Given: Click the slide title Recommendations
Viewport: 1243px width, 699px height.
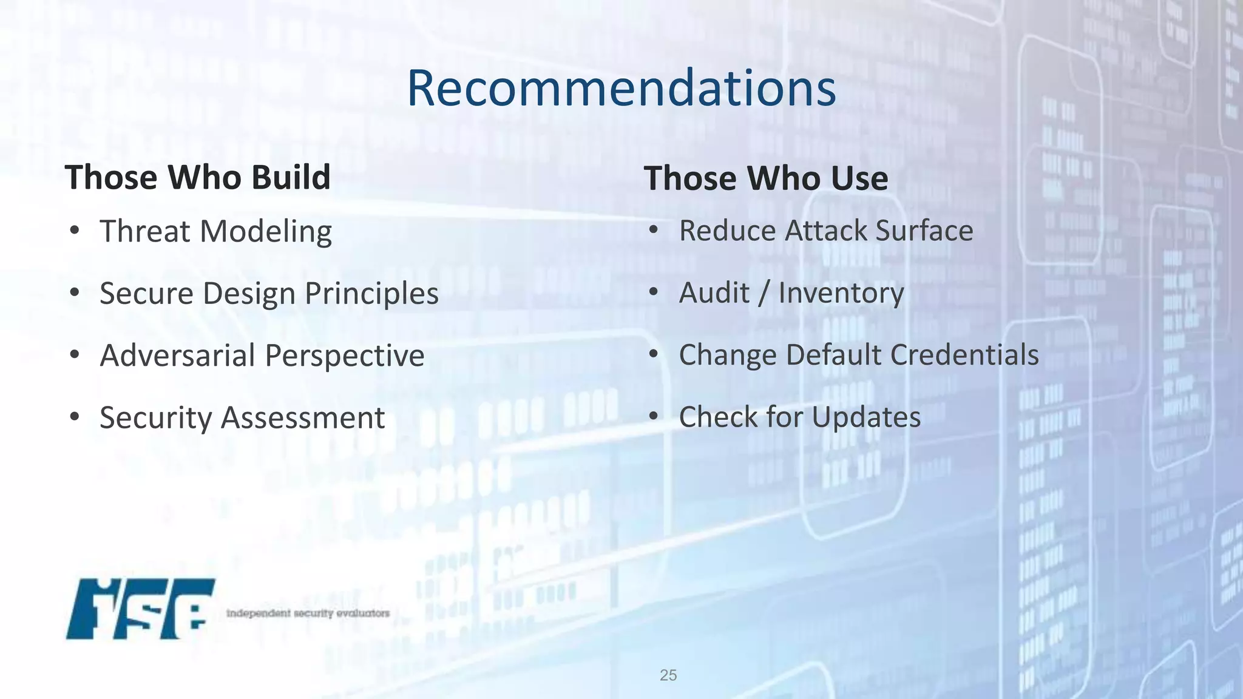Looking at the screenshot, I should click(621, 89).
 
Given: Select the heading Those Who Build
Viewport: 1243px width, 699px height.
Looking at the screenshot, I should click(198, 177).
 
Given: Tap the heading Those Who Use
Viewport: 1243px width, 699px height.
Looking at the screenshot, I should click(766, 178).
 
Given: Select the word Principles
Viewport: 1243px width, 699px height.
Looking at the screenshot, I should click(371, 294).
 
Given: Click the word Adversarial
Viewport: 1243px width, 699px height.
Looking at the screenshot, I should click(177, 356).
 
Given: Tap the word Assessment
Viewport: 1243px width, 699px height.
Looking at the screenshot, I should click(302, 418).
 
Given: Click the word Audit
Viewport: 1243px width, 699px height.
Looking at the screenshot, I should click(714, 293).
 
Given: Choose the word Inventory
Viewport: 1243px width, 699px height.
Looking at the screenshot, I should click(841, 294).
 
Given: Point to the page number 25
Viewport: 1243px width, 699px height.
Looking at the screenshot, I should click(668, 675).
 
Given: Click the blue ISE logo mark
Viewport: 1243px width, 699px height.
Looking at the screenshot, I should click(140, 609).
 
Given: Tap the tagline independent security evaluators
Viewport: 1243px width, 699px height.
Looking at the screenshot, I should click(308, 613).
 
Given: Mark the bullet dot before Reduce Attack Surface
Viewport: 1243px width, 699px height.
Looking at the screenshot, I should click(653, 231).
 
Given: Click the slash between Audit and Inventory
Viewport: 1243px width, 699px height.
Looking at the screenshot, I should click(764, 293).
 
